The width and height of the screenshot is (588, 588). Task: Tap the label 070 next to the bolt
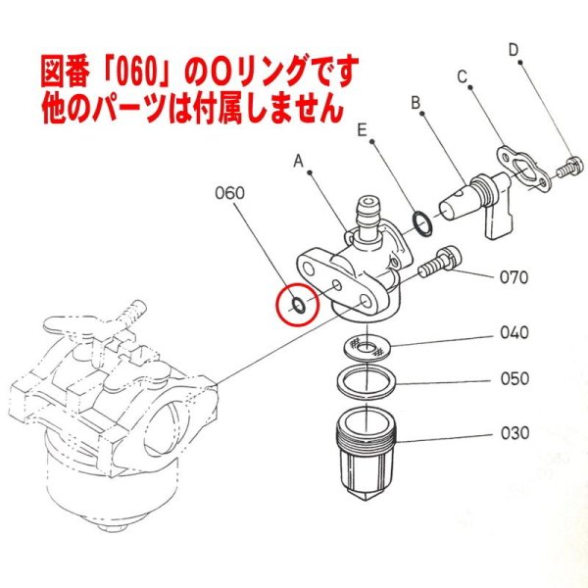point(513,278)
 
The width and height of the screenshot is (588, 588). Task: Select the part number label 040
point(514,332)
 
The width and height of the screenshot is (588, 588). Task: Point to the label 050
point(514,378)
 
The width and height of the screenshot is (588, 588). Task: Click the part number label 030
point(514,432)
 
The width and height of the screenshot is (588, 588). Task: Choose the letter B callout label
point(416,101)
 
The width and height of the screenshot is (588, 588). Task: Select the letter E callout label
point(363,128)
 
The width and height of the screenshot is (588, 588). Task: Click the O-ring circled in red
point(295,305)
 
